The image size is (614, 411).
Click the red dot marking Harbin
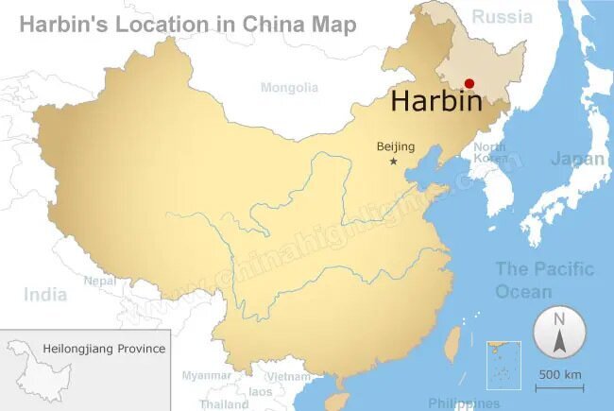(469, 84)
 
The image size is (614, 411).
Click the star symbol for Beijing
(394, 162)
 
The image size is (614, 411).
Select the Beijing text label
(395, 146)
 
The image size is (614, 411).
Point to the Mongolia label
(289, 88)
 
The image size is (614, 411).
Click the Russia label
(502, 16)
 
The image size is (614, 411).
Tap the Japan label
(577, 159)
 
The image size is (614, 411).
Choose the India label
(45, 295)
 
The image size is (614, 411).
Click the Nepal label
(99, 281)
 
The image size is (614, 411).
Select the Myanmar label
(206, 375)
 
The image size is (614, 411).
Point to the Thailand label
(224, 403)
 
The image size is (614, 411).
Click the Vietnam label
(288, 376)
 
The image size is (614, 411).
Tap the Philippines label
(463, 403)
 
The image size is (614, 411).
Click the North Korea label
(489, 152)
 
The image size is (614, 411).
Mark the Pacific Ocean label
(545, 280)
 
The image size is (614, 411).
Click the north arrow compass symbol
(559, 334)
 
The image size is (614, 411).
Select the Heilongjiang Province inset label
(104, 349)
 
